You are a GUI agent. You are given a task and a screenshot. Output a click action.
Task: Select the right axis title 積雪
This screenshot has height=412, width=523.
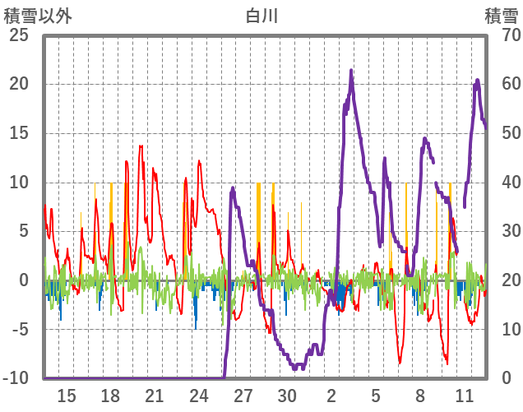500,14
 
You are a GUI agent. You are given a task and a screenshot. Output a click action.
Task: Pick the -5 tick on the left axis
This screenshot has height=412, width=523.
19,330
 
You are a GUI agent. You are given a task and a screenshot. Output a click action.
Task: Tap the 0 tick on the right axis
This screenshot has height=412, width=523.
507,378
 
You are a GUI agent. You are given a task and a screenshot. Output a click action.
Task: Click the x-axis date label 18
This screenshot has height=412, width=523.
111,396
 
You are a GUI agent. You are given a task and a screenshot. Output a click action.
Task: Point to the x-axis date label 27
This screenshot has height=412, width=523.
243,396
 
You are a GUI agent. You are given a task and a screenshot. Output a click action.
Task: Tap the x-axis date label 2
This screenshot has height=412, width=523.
332,396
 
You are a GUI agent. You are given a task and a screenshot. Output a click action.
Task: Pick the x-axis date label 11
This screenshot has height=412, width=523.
465,396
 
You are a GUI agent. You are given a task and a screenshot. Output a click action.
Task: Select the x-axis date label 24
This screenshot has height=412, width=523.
199,396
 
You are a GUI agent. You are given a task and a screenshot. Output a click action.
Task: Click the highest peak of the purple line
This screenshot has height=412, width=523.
351,71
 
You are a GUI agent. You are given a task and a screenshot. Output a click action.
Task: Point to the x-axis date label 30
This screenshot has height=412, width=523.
288,396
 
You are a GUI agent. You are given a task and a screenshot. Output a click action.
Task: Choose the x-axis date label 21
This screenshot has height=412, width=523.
155,396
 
